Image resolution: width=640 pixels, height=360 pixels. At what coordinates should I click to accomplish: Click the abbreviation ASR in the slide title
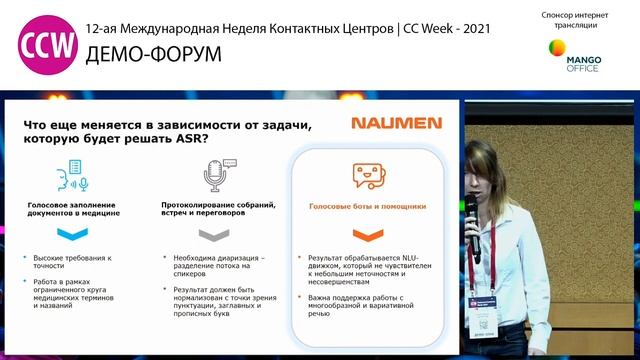[x=182, y=139]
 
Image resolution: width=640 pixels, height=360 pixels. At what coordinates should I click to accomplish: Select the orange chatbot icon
[x=368, y=176]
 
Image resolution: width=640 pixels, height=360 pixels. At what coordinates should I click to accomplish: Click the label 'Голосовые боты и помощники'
[x=369, y=206]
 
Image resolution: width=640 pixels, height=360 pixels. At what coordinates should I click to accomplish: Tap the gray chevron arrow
[x=214, y=235]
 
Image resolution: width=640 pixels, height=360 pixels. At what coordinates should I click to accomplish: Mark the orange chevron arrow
[x=367, y=235]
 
